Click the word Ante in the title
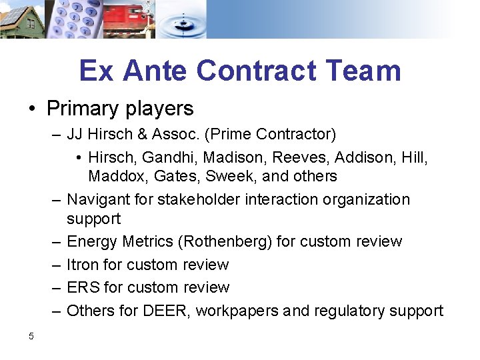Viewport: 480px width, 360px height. point(159,71)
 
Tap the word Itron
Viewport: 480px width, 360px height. point(83,265)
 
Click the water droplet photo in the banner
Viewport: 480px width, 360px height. point(182,19)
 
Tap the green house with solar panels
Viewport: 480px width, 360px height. point(21,19)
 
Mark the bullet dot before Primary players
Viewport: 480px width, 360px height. point(32,109)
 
